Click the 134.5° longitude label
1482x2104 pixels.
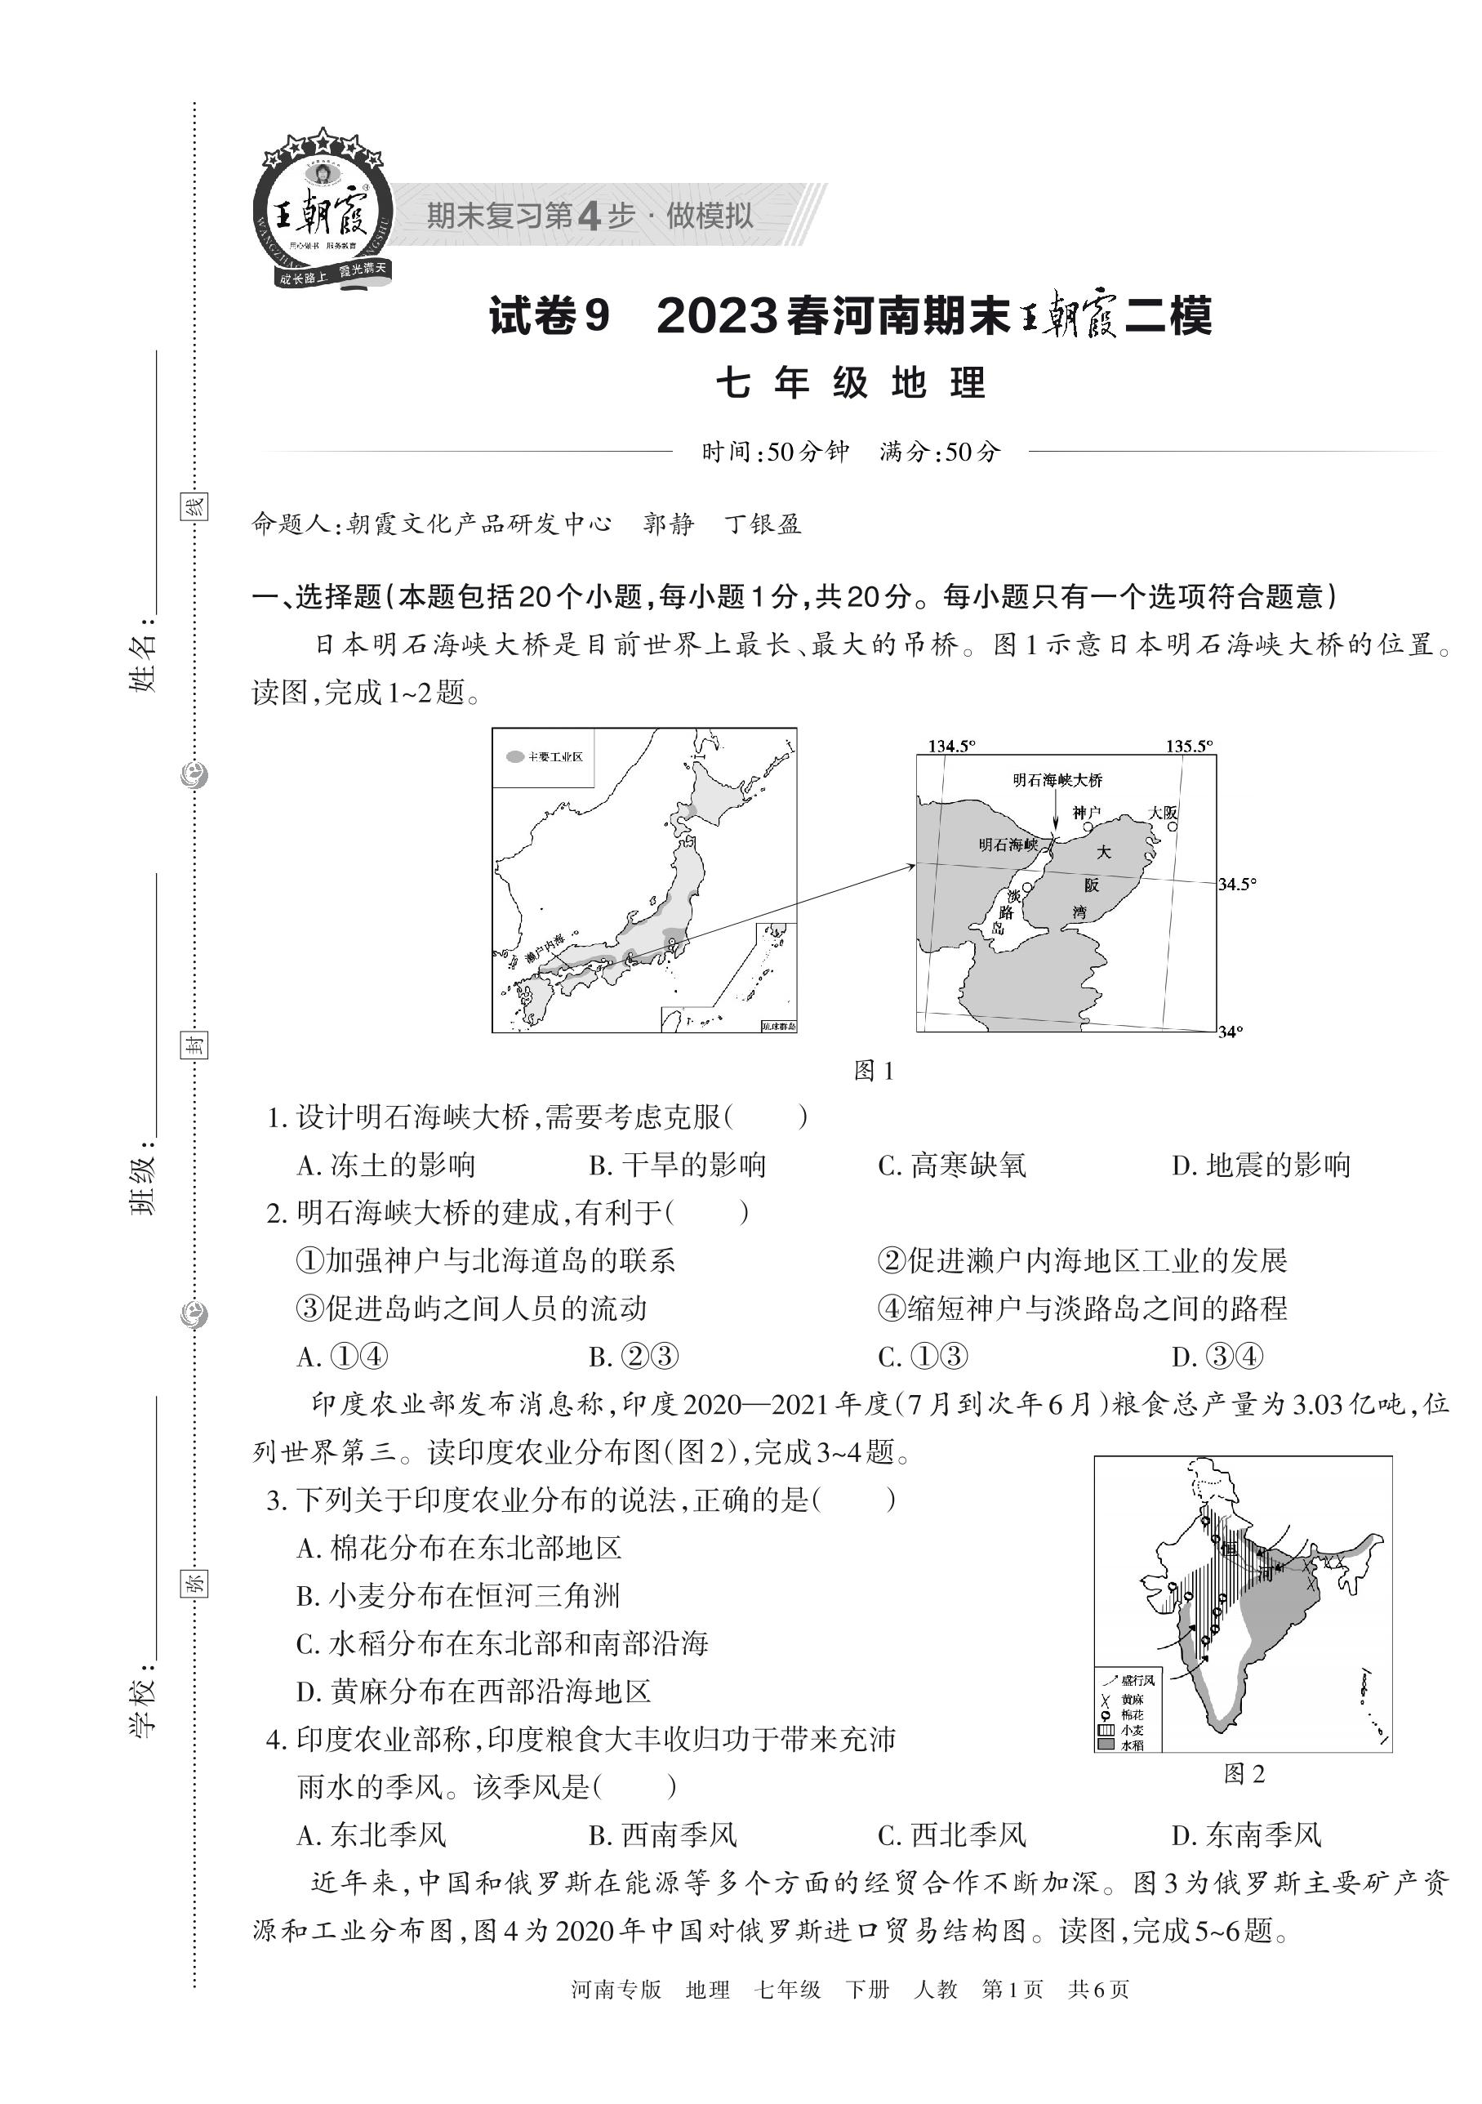952,746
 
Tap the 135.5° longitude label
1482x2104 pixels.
1189,746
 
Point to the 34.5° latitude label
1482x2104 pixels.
1237,885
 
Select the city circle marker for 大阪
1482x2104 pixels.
1172,827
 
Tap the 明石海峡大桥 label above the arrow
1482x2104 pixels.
1057,780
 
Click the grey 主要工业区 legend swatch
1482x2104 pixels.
516,757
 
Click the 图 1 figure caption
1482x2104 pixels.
873,1070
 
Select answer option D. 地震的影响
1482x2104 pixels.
1261,1166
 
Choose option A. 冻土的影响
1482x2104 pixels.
385,1166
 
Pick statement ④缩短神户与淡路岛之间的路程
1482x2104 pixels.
1082,1308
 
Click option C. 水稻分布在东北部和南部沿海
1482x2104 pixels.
502,1644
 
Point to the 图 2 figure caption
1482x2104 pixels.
1244,1775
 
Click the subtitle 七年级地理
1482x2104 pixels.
851,383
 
